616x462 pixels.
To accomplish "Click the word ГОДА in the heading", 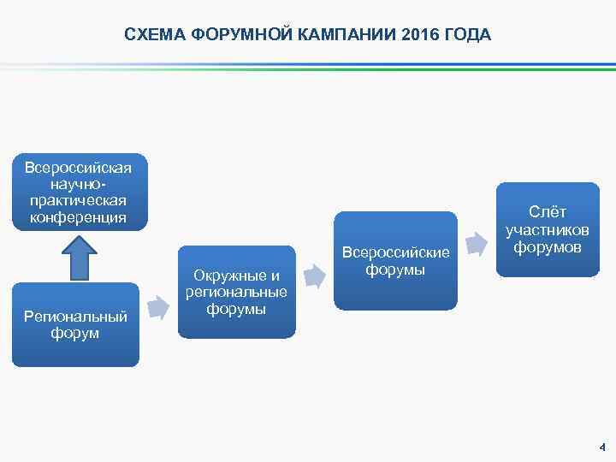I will (466, 35).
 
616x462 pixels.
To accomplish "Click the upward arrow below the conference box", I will (80, 256).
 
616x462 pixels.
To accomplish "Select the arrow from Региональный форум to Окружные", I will (158, 306).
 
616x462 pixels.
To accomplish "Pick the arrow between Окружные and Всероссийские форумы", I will (315, 276).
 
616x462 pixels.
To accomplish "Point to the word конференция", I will (79, 217).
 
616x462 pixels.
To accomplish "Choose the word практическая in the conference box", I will (79, 200).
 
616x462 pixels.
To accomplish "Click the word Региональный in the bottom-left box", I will (75, 316).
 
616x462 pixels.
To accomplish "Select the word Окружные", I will (236, 275).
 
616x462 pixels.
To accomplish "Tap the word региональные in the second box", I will (236, 292).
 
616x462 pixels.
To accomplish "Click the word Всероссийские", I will (395, 252).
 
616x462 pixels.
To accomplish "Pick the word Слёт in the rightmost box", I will (548, 212).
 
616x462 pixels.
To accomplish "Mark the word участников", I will (548, 229).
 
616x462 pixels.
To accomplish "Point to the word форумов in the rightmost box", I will (548, 247).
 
